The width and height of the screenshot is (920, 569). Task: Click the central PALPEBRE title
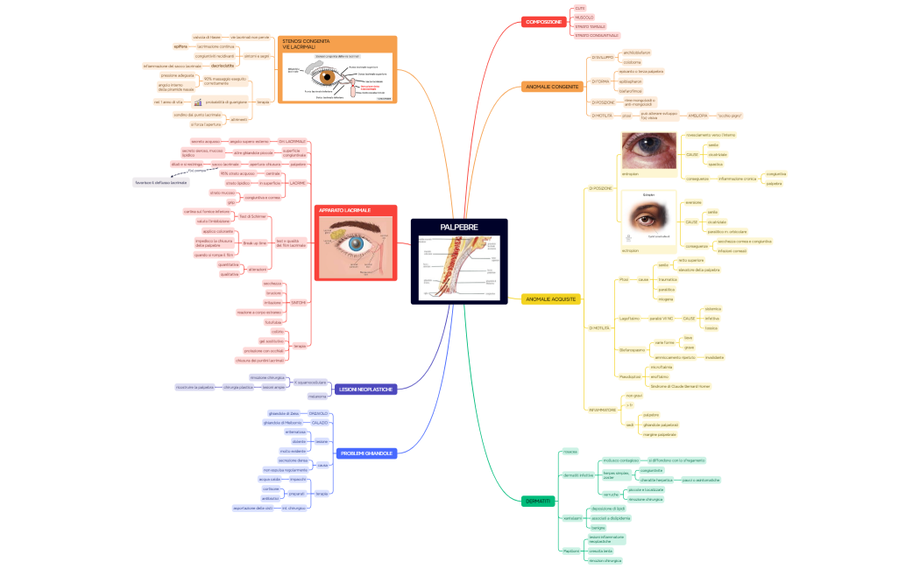(x=459, y=228)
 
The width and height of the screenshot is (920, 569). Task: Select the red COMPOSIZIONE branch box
(x=544, y=21)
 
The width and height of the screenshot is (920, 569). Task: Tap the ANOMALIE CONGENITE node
(x=551, y=87)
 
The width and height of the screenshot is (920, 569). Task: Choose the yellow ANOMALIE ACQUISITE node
(x=550, y=299)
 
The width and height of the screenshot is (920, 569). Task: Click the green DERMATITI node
(x=537, y=501)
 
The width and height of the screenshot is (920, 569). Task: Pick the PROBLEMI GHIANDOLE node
(x=366, y=453)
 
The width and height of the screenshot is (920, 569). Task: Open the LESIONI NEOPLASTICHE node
(x=366, y=389)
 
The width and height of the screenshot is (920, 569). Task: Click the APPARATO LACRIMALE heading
(x=344, y=211)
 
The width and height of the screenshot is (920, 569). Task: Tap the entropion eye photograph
(x=648, y=150)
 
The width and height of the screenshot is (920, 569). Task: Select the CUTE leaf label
(x=579, y=8)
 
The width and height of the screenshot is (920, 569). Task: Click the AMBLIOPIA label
(x=697, y=115)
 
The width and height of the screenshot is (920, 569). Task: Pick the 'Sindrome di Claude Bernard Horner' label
(x=680, y=385)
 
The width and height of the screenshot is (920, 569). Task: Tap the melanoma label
(x=317, y=396)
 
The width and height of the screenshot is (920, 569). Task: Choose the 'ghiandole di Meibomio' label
(x=282, y=422)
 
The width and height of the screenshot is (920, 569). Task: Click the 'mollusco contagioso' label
(x=621, y=460)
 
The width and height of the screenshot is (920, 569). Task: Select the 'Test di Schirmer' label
(x=252, y=216)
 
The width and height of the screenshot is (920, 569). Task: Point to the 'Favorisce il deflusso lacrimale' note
(x=160, y=182)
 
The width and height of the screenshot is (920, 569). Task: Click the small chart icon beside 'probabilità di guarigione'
(x=199, y=102)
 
